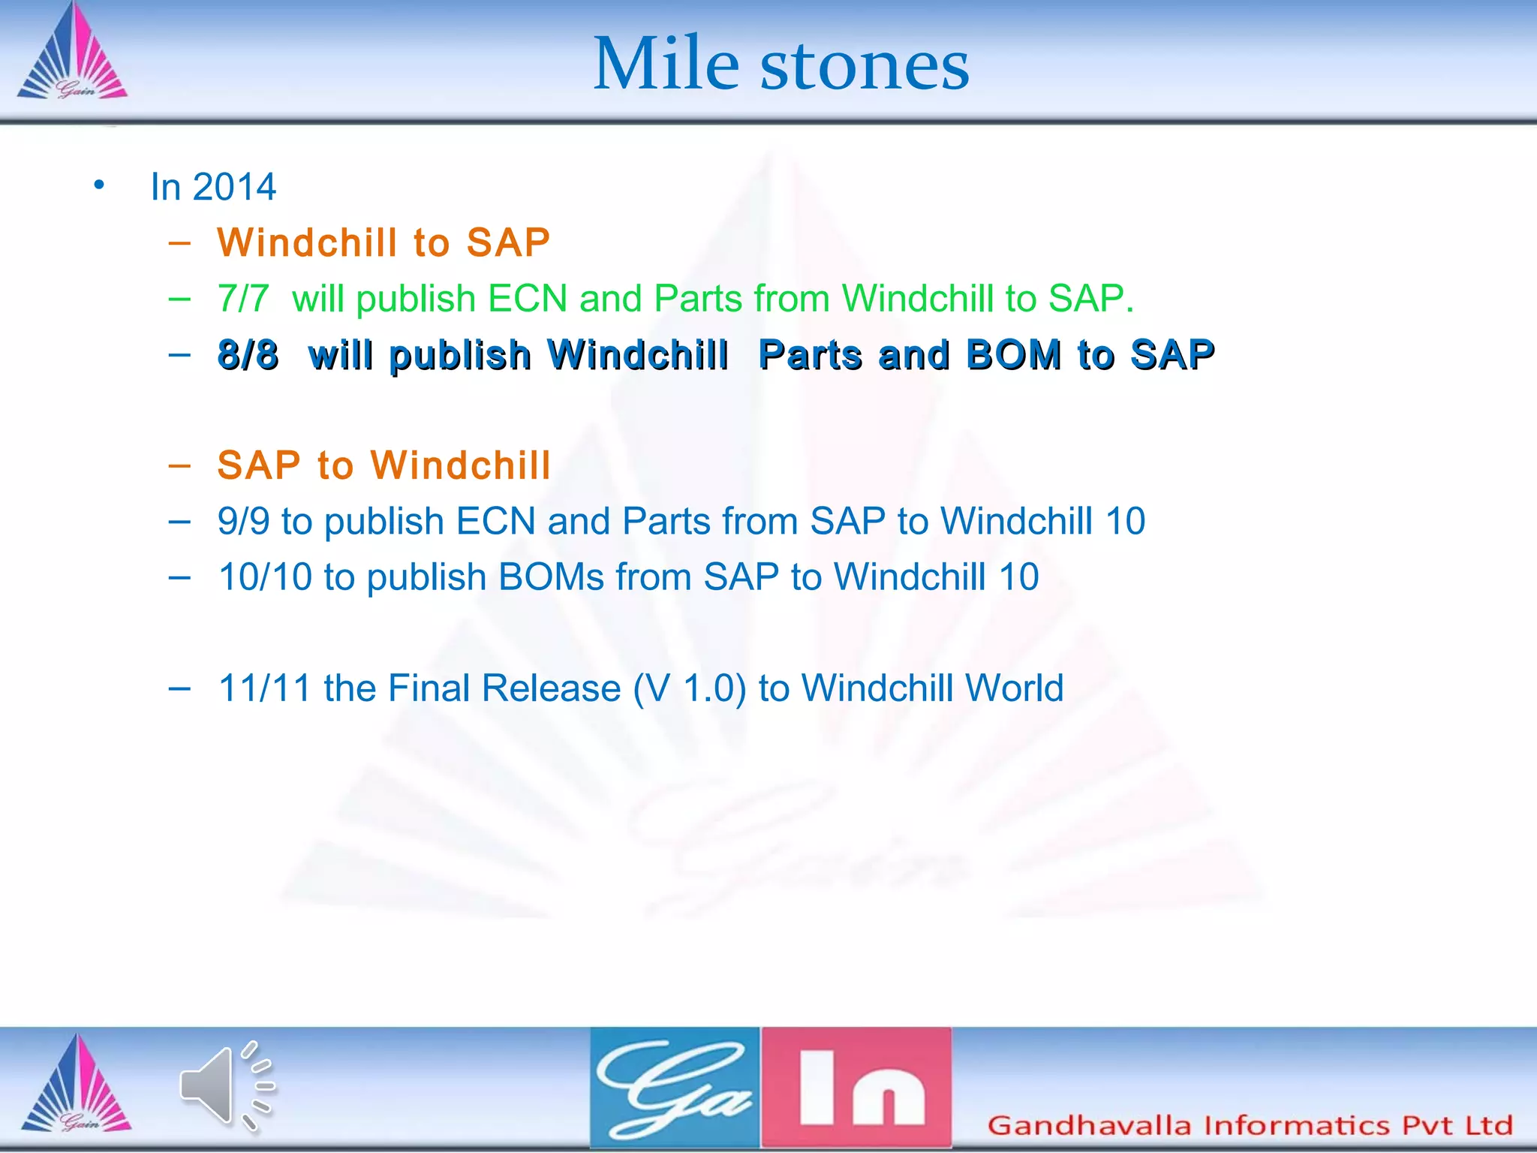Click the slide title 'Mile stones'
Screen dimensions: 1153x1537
[x=781, y=65]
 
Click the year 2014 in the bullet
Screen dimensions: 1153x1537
[x=234, y=187]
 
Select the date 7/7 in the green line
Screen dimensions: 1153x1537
[x=242, y=299]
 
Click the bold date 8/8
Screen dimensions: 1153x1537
[x=248, y=354]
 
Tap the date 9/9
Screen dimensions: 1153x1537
[x=243, y=521]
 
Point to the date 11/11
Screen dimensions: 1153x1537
[x=264, y=688]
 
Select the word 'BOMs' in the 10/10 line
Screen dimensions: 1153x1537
[x=551, y=577]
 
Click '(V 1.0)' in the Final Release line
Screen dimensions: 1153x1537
[x=690, y=688]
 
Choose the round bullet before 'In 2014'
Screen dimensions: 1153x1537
[x=99, y=185]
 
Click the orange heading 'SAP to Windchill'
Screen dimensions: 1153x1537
[x=383, y=465]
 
